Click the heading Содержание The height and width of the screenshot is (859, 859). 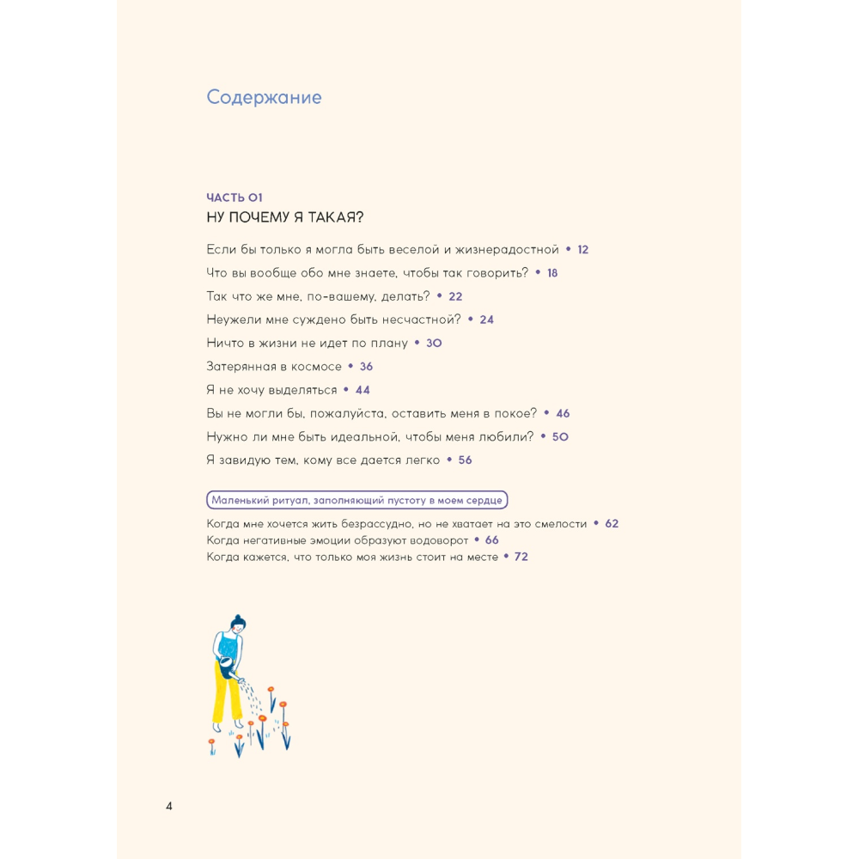[x=264, y=97]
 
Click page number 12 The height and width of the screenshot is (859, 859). [x=582, y=250]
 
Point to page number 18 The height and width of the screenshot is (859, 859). [x=552, y=273]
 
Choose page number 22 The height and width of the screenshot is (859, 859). [x=455, y=296]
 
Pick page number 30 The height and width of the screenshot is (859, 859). [x=434, y=343]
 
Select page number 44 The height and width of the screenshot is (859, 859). [x=362, y=390]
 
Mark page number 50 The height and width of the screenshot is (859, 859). [x=560, y=436]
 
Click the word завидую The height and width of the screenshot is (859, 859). [x=251, y=460]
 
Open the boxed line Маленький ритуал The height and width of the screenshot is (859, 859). [x=357, y=500]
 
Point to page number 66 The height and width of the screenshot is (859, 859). [x=491, y=540]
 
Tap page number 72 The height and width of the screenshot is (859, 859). [x=521, y=557]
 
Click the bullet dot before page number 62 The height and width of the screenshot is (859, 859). [x=596, y=524]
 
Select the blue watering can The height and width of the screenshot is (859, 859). [x=226, y=668]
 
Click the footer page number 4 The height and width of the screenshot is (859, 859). [x=169, y=806]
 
